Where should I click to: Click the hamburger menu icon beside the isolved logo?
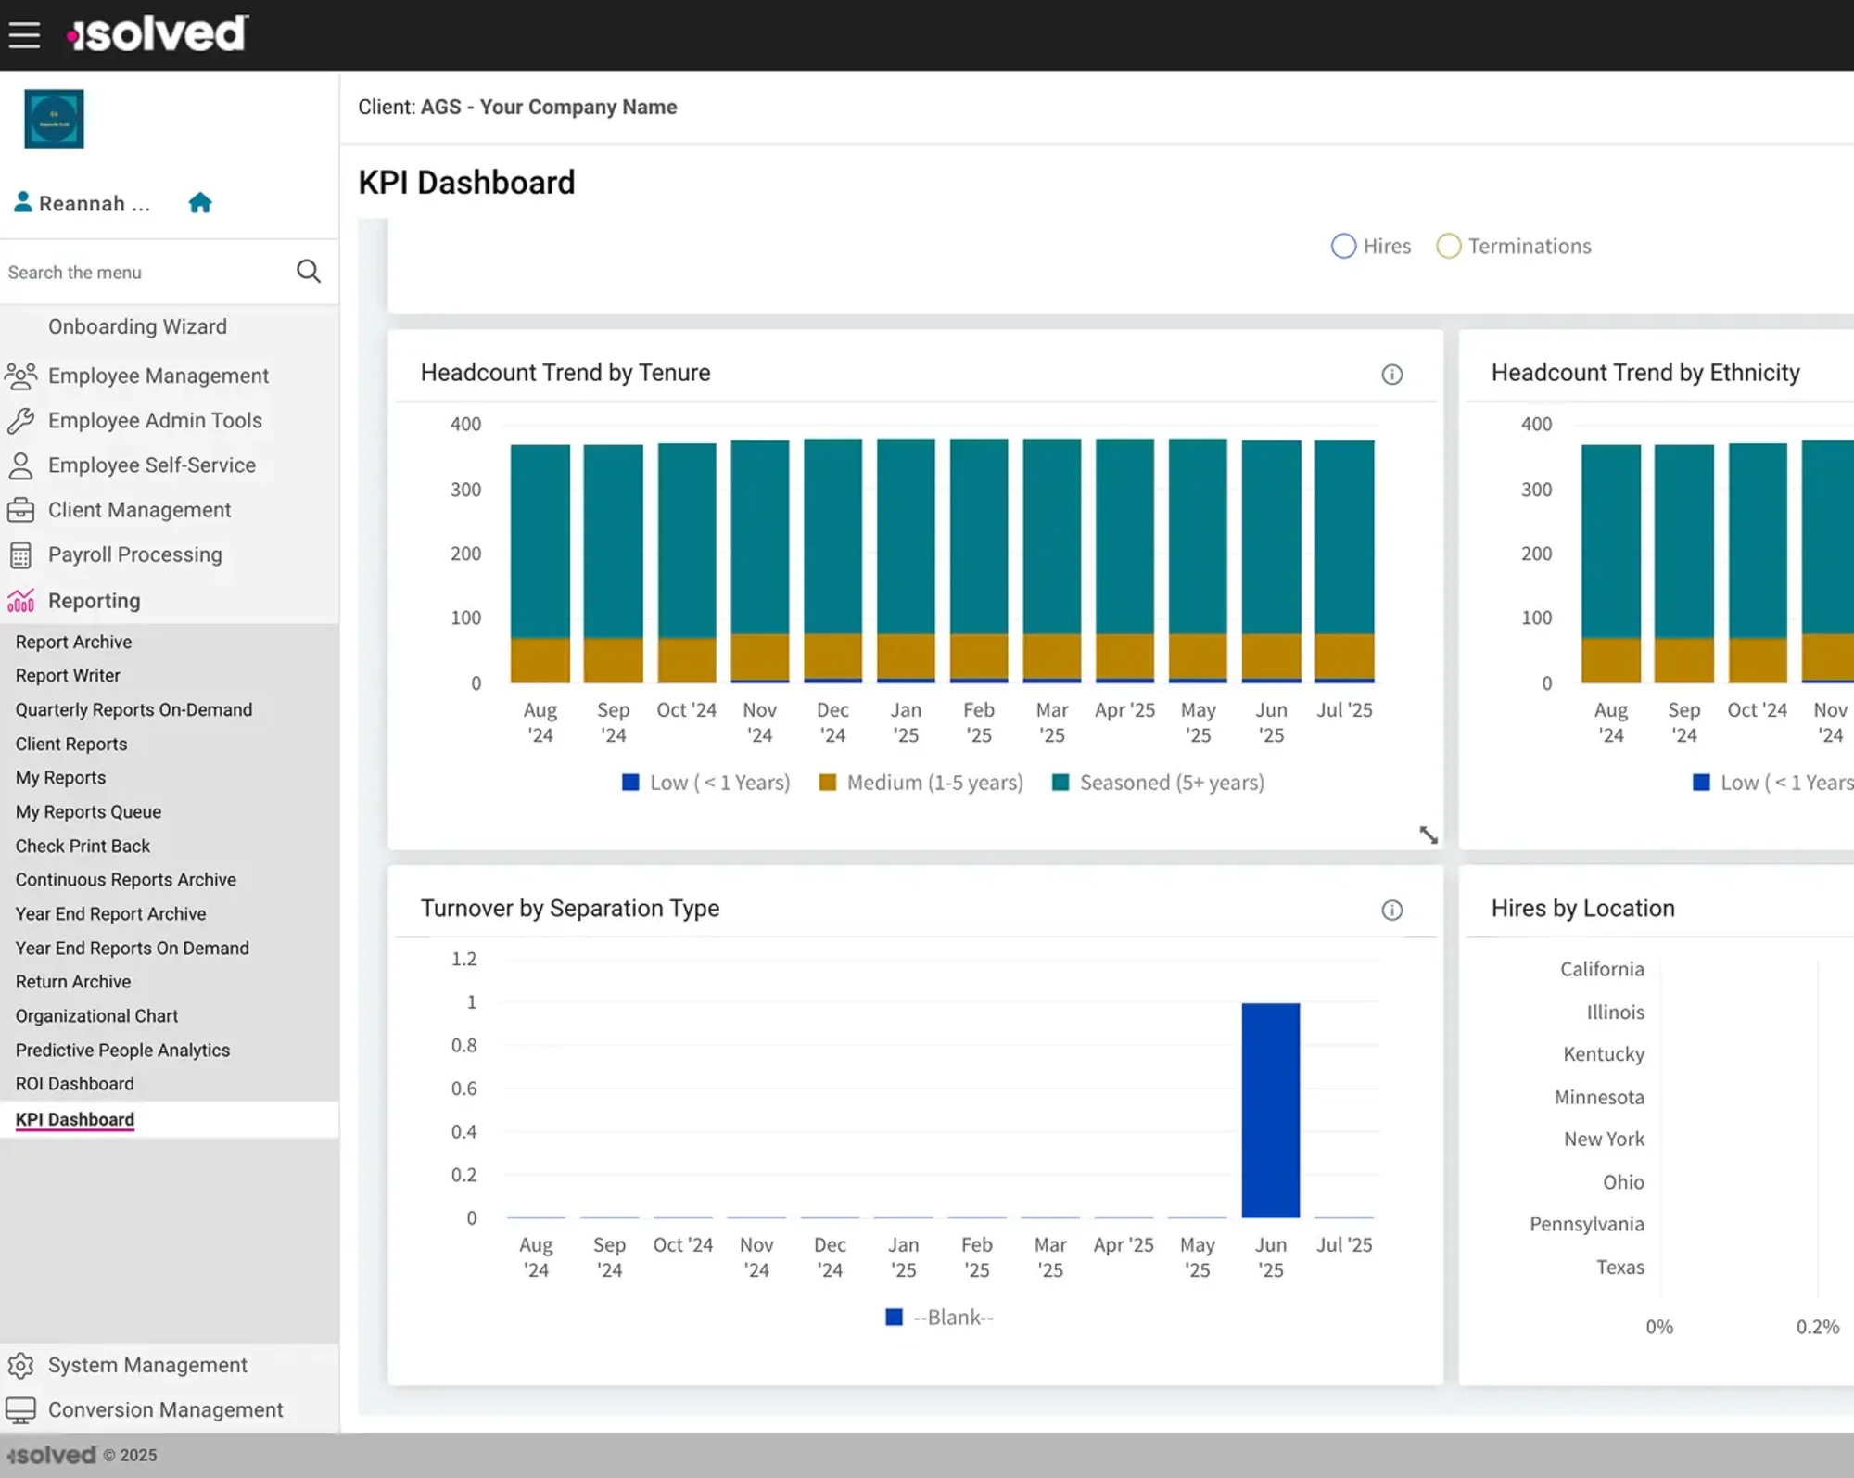coord(25,35)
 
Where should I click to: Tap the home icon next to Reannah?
coord(200,203)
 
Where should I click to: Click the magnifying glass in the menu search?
coord(309,272)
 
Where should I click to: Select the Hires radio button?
coord(1343,247)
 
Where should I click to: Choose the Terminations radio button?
coord(1448,247)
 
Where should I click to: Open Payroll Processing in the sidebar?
coord(134,555)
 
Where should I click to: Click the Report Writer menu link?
coord(68,676)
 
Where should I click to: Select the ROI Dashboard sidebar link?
coord(74,1084)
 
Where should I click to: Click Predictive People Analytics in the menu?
coord(122,1051)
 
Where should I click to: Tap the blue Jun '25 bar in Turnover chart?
coord(1270,1110)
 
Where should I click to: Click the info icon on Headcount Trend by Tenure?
coord(1391,375)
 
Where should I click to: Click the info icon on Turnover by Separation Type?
coord(1391,911)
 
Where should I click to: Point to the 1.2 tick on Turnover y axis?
coord(463,959)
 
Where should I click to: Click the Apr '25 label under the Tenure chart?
coord(1124,710)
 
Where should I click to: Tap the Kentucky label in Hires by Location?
coord(1603,1054)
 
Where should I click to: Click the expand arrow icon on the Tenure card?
coord(1429,835)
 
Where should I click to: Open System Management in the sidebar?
coord(147,1366)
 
